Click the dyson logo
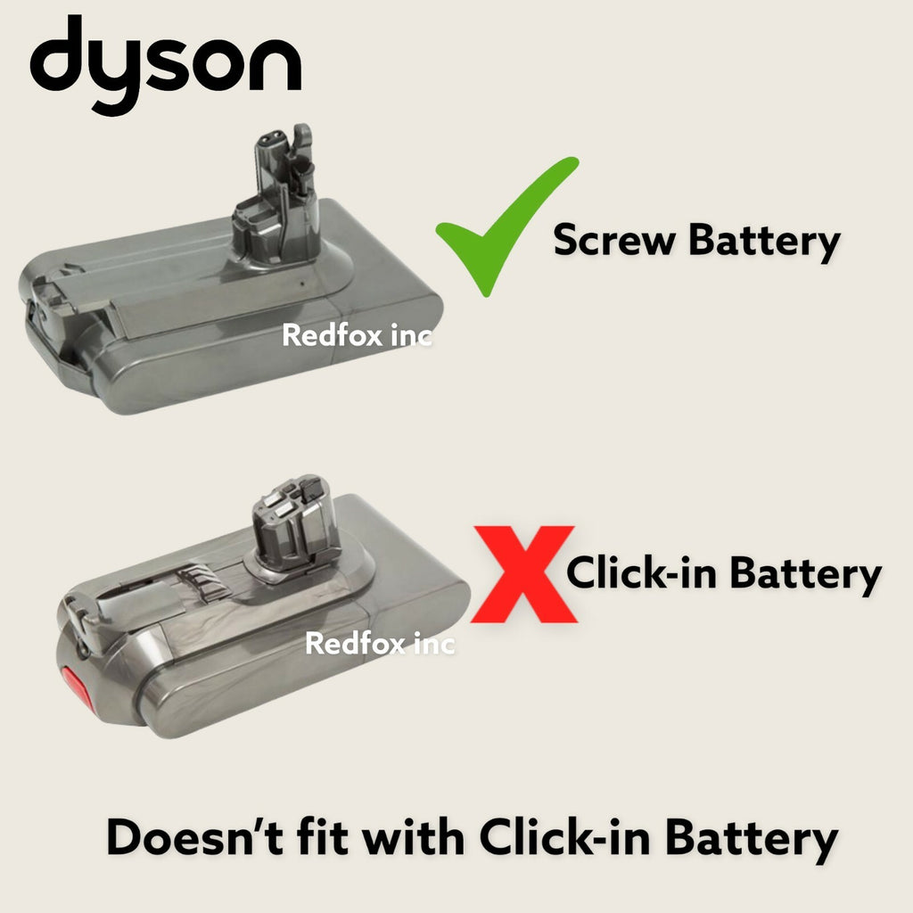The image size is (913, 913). (x=165, y=65)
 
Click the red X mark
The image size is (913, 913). (x=523, y=574)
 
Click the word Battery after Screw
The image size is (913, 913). (x=764, y=242)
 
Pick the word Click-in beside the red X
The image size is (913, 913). (x=642, y=572)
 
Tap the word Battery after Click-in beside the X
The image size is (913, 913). (x=806, y=575)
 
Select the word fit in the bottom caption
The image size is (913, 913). (x=322, y=836)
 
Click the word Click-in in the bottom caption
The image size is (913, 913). (x=564, y=836)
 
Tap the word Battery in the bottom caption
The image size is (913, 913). (x=752, y=840)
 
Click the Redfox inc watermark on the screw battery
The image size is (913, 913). (x=357, y=335)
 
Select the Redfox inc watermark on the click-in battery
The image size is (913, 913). (x=380, y=644)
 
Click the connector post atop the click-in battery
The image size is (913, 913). (x=296, y=522)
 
